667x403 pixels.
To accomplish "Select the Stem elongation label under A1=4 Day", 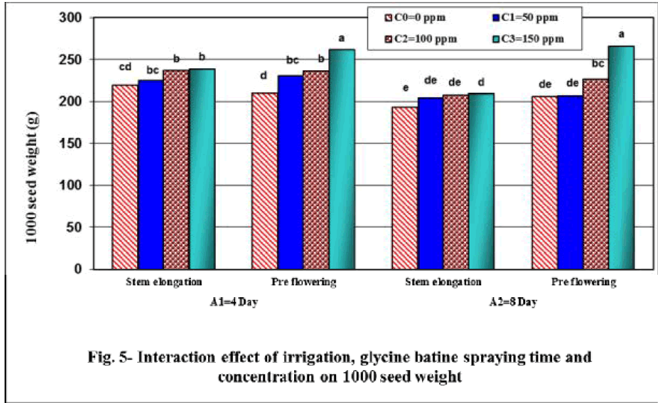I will pos(164,283).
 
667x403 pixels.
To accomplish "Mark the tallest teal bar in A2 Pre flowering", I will pos(621,158).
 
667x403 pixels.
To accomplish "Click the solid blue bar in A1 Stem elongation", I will pos(150,175).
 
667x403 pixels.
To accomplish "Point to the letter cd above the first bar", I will pos(125,67).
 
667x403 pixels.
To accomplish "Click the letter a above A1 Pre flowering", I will pos(341,39).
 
